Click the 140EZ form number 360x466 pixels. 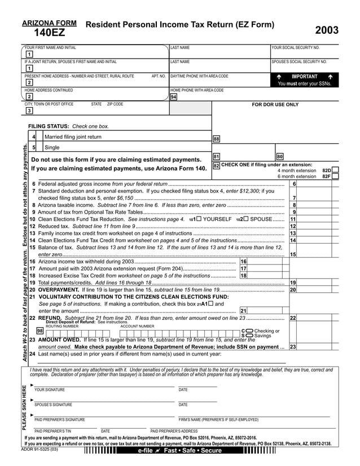point(49,33)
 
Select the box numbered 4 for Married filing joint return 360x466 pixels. point(34,137)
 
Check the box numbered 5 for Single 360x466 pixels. point(34,147)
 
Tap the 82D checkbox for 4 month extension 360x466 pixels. point(335,170)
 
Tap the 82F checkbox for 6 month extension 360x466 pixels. point(335,176)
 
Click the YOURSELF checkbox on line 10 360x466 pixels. point(197,219)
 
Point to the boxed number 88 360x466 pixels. point(216,138)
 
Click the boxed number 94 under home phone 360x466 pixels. point(173,96)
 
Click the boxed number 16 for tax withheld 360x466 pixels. point(243,262)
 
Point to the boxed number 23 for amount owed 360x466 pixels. point(292,347)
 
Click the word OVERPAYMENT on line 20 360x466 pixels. point(58,289)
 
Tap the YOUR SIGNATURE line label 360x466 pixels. point(50,390)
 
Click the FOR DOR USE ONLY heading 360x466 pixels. point(275,104)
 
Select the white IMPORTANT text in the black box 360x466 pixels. point(304,76)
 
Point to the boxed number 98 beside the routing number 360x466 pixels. point(39,331)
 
